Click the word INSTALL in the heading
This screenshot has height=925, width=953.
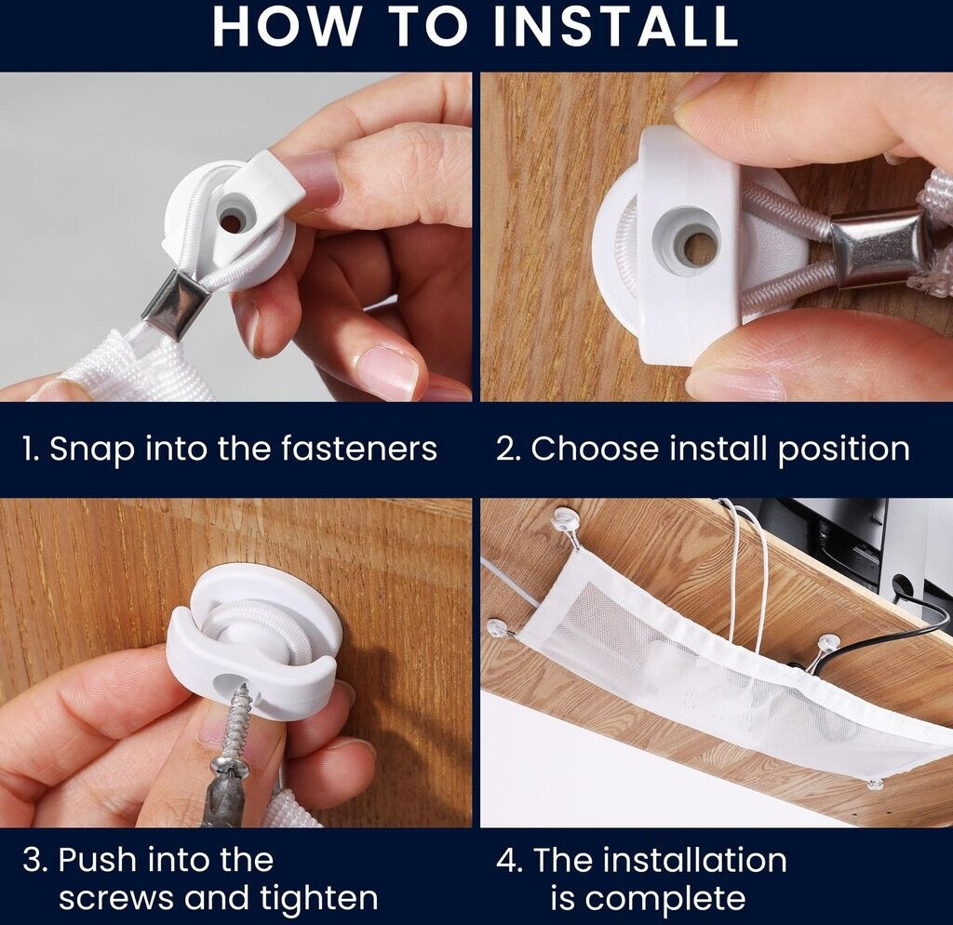point(616,27)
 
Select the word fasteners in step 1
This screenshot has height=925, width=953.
point(359,449)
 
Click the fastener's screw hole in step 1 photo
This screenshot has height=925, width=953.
point(231,220)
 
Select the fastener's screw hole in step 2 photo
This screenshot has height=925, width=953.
point(699,247)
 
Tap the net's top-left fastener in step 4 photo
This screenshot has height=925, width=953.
point(567,523)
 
